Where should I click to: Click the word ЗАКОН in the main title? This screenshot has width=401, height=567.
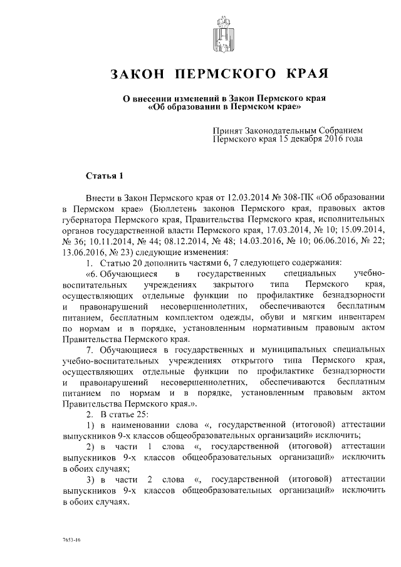[137, 74]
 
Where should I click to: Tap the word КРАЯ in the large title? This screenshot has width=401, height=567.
[306, 74]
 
